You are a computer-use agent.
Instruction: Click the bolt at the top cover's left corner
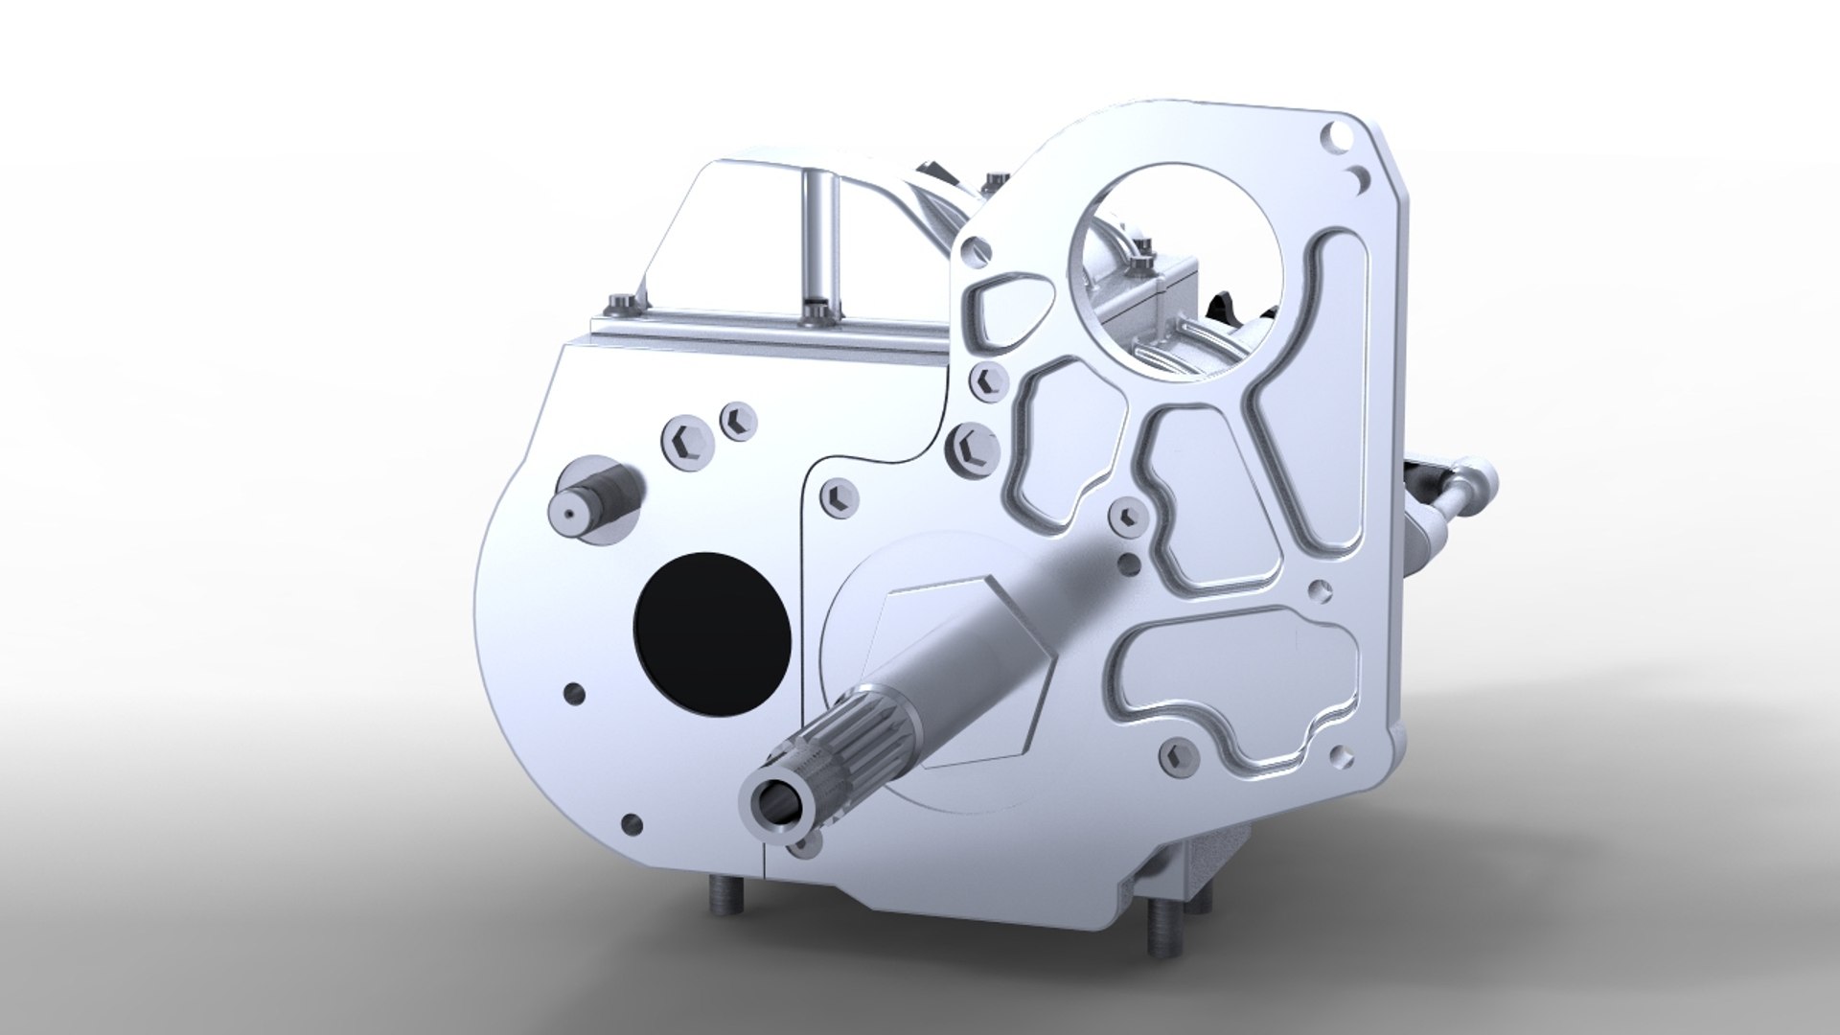(618, 307)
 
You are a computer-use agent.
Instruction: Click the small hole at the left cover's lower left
(633, 822)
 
